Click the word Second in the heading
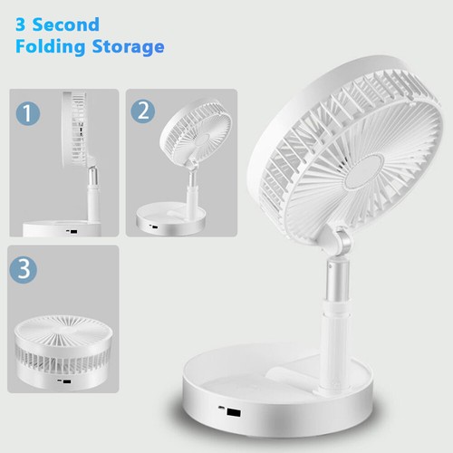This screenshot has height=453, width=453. click(66, 24)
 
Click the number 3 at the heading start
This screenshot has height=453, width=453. click(21, 24)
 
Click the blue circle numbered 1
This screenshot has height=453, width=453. click(30, 115)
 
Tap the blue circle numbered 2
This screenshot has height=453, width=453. click(143, 111)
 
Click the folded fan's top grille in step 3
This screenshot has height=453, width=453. click(63, 324)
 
